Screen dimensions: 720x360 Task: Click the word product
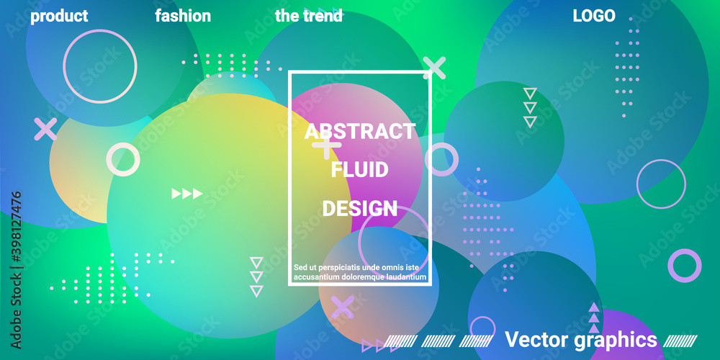(59, 17)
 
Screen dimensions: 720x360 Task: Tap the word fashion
(183, 16)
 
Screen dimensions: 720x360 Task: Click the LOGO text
(594, 16)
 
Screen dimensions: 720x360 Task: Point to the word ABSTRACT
(360, 131)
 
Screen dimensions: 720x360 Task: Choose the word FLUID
(359, 170)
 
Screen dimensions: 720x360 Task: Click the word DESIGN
(359, 209)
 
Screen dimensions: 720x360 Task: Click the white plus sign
(326, 145)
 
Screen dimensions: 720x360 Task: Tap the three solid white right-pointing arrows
(187, 194)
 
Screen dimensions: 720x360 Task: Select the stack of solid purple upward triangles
(594, 318)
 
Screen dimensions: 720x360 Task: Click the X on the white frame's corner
(434, 68)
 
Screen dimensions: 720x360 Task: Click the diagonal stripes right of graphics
(680, 341)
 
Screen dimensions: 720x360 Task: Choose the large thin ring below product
(99, 66)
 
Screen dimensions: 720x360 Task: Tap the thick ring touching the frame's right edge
(442, 159)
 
